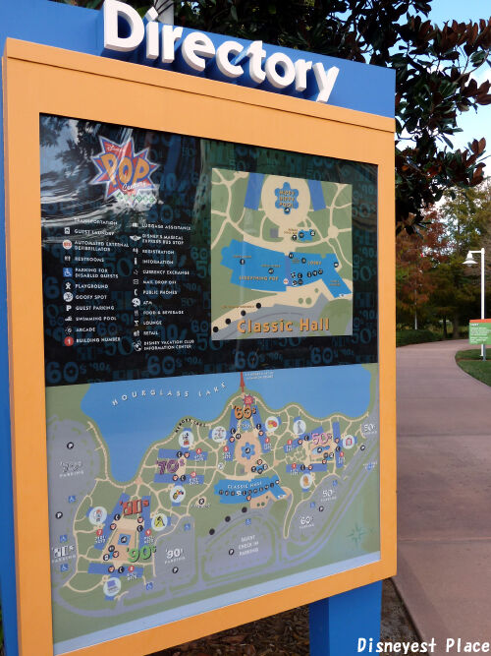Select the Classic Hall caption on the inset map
click(x=282, y=324)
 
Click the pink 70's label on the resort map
click(x=168, y=464)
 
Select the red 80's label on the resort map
click(x=135, y=507)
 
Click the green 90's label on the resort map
click(x=140, y=552)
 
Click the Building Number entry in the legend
click(x=98, y=341)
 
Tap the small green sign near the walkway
click(x=479, y=331)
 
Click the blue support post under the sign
click(x=345, y=620)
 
